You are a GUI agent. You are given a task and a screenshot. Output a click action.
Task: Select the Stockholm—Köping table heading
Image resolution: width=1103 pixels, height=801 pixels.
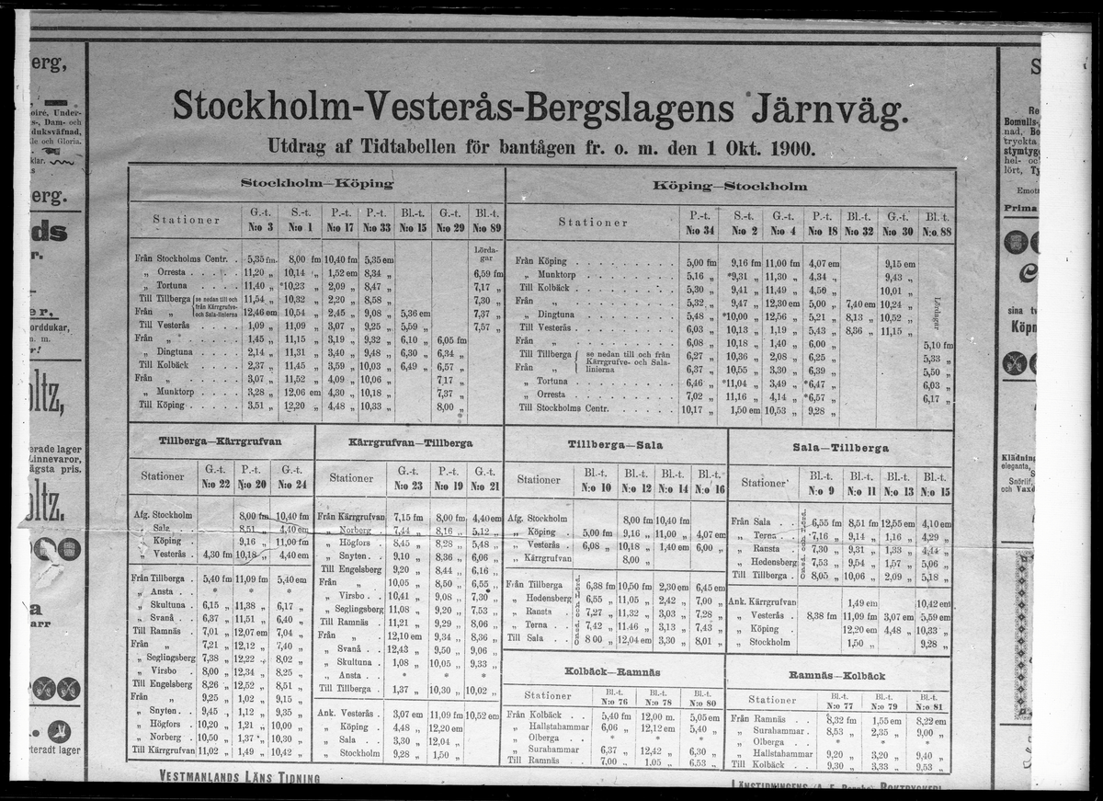pos(316,183)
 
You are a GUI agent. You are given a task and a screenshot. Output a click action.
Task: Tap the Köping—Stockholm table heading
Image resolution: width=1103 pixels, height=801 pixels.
pos(730,185)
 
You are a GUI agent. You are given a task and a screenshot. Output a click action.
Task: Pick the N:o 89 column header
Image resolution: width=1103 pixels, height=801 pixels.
pos(487,228)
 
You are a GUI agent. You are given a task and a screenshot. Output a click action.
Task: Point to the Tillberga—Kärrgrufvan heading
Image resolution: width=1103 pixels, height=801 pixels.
pos(220,442)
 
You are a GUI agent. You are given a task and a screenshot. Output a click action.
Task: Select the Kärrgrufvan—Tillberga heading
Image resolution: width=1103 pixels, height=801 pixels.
pos(410,442)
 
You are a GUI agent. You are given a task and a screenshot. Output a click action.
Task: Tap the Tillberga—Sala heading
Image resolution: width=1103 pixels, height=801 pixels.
pos(615,445)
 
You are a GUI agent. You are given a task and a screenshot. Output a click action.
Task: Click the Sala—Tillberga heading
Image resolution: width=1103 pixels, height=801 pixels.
pos(840,448)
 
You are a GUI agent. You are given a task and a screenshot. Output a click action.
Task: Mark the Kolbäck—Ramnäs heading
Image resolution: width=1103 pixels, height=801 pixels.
pos(613,672)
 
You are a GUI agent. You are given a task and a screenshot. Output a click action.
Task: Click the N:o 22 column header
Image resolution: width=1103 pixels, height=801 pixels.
pos(215,484)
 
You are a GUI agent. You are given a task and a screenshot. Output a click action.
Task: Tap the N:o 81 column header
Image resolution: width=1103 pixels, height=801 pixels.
pos(929,706)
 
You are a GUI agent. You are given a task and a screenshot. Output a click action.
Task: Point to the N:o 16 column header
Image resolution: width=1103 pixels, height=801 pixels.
pos(708,487)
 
